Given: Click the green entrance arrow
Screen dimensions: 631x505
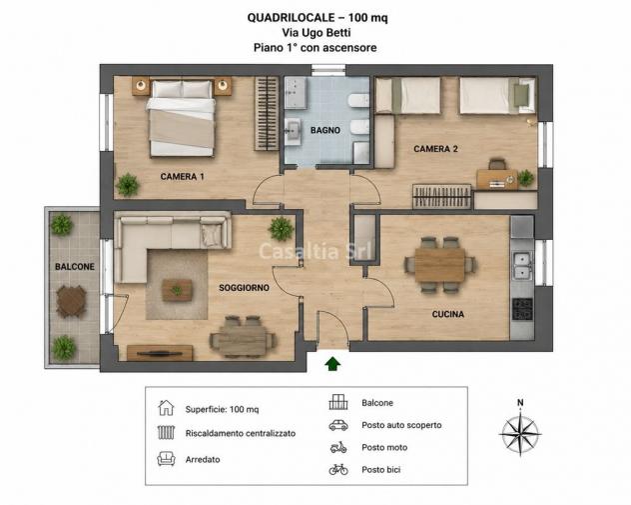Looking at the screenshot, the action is (x=332, y=364).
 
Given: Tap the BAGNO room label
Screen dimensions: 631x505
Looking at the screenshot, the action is (x=325, y=130).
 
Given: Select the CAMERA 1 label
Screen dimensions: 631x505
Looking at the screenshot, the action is (x=183, y=177).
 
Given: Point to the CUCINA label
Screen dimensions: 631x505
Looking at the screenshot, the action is (x=448, y=314).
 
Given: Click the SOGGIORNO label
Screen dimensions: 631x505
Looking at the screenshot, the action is (x=244, y=288).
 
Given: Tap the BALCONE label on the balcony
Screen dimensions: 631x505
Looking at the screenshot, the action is (x=75, y=267).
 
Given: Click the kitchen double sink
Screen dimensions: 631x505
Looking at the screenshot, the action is (x=522, y=266).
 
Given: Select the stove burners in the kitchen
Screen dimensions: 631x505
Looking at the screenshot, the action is (x=522, y=309).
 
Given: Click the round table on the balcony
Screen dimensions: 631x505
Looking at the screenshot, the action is (x=71, y=301).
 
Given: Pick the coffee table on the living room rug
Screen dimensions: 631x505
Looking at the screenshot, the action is (x=177, y=290).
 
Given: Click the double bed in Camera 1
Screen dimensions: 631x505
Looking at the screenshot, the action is (x=182, y=118).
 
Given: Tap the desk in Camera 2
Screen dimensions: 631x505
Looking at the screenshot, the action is (x=497, y=179).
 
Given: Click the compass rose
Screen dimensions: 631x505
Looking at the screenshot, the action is (x=520, y=434).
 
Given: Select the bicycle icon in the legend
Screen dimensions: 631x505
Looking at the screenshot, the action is (x=338, y=469).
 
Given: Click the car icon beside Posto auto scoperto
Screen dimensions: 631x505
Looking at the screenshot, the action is (x=338, y=425).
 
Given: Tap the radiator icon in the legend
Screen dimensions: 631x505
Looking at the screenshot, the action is (x=166, y=432).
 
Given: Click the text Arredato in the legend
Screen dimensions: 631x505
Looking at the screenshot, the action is (x=203, y=459).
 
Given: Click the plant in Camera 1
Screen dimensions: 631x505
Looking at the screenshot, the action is (x=128, y=185).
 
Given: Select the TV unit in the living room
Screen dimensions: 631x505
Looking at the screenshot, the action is (x=160, y=353).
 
